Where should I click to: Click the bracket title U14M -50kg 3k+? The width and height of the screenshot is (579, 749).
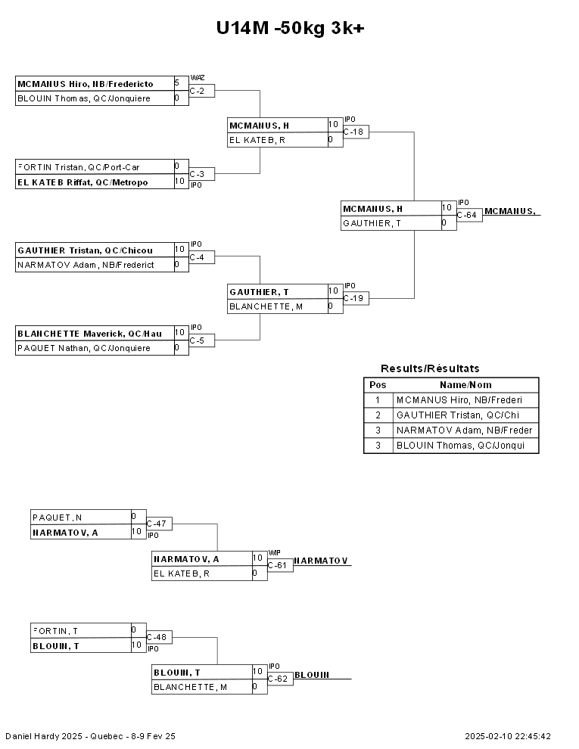click(x=290, y=28)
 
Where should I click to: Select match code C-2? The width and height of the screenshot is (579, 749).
click(x=198, y=91)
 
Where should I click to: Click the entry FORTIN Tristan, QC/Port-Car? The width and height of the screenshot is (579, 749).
click(x=79, y=167)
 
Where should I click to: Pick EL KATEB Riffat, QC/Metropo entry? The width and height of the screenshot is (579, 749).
click(x=82, y=182)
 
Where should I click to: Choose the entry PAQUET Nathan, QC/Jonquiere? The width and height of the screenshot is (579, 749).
click(x=84, y=348)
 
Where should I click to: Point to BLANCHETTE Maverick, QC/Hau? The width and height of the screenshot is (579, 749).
click(x=90, y=334)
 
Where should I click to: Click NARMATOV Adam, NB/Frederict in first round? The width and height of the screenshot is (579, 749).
click(x=86, y=265)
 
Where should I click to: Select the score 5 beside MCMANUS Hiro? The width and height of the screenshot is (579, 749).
click(x=177, y=82)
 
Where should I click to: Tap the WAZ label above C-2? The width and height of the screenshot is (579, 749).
click(x=198, y=78)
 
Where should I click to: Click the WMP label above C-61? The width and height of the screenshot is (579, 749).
click(x=274, y=553)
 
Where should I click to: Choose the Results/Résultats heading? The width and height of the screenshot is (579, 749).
click(x=430, y=368)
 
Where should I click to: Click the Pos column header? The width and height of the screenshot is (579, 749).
click(x=378, y=385)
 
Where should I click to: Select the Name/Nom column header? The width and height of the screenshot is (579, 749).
click(x=465, y=385)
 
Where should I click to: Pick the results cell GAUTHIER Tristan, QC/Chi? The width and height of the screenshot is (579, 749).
click(x=458, y=415)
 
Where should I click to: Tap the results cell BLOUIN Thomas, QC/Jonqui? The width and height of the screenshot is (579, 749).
click(x=460, y=445)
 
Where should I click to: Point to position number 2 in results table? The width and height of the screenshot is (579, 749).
click(x=378, y=415)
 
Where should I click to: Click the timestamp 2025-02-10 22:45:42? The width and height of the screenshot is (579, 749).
click(x=508, y=736)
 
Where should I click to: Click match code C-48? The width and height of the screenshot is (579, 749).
click(x=156, y=637)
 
